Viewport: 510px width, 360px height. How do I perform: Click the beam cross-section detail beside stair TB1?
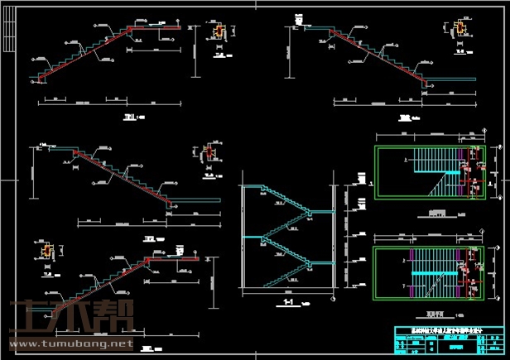tap(219, 32)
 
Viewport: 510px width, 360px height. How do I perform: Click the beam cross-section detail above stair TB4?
tap(49, 249)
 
